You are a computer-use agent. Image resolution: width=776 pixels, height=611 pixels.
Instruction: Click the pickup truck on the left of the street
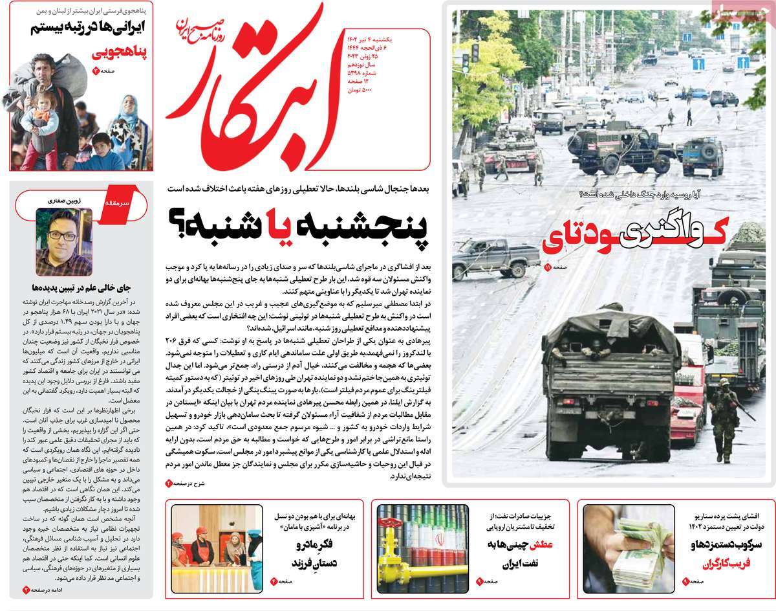[x=495, y=258]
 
